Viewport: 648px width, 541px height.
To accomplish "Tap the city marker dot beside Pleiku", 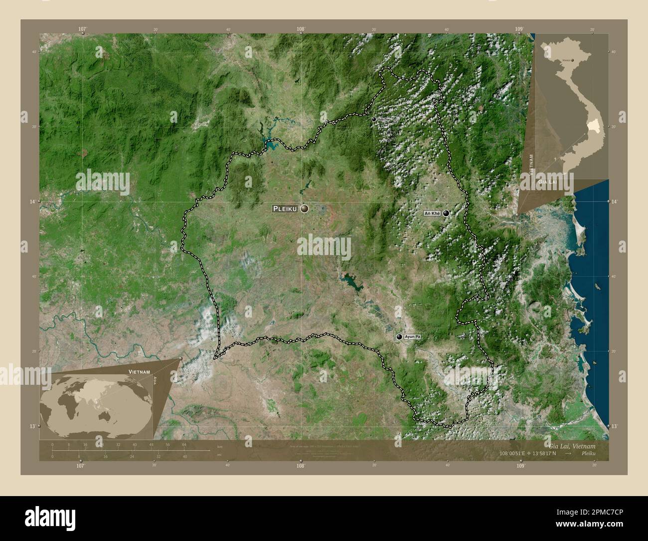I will (304, 209).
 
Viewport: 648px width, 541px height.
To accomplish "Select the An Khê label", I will (432, 214).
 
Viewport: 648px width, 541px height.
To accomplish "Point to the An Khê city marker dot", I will (446, 213).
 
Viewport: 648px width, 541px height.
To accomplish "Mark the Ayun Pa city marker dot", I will (399, 337).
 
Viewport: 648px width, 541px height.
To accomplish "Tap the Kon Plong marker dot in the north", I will (373, 119).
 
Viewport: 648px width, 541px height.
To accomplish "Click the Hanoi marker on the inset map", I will (572, 60).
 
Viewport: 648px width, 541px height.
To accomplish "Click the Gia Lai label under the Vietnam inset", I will (547, 183).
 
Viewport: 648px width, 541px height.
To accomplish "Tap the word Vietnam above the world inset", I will (139, 372).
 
